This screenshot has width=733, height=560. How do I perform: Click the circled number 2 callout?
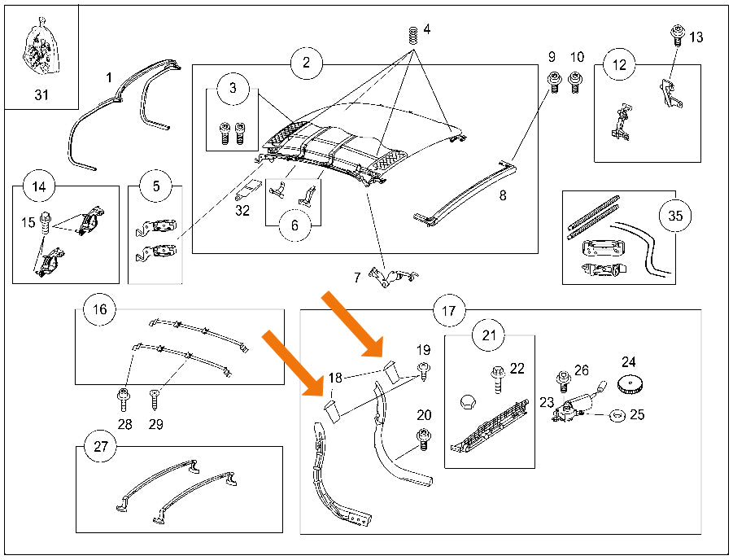(306, 62)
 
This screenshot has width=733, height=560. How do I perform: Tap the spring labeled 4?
(412, 36)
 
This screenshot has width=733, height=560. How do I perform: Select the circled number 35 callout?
(675, 216)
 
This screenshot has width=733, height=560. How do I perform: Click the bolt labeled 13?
(677, 35)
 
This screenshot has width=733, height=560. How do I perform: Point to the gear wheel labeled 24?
(629, 385)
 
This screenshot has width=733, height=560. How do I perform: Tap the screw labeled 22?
(497, 379)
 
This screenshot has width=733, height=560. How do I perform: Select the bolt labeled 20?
(423, 440)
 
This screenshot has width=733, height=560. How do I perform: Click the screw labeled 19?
(424, 371)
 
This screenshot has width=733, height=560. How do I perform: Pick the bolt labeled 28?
(124, 400)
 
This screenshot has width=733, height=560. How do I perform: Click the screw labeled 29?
(155, 400)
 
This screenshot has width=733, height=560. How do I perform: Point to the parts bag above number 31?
(40, 46)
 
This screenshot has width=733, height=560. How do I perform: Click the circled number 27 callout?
(101, 447)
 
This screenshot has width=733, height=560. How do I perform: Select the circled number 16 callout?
(99, 309)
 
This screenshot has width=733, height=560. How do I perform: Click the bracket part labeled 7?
(393, 277)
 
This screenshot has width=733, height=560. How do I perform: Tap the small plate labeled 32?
(249, 189)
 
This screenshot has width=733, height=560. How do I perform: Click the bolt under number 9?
(554, 82)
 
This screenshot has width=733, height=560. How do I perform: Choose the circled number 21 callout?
(488, 335)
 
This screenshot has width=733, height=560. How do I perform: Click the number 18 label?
(336, 378)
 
